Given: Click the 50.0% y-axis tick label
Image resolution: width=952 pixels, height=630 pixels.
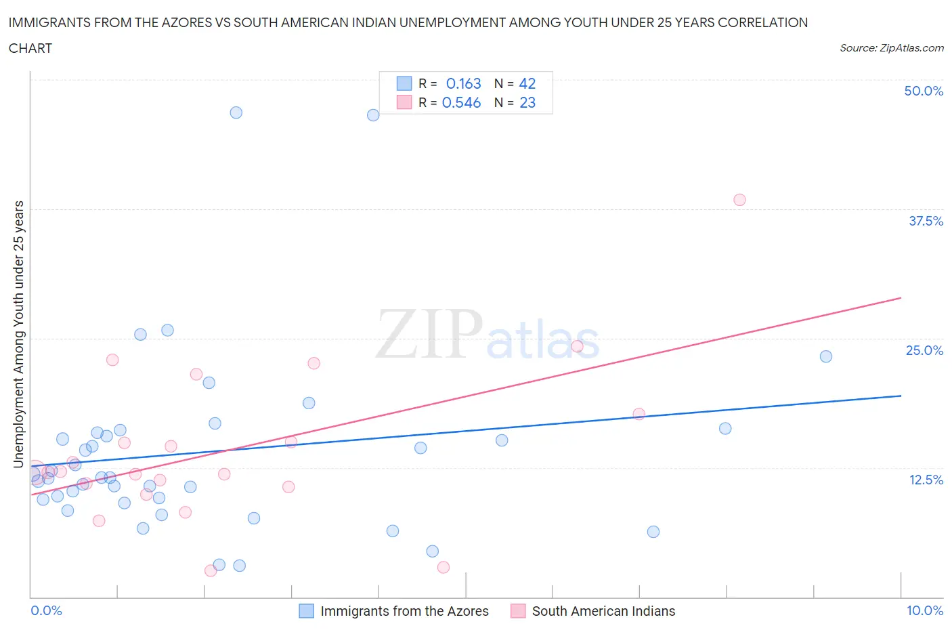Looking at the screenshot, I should (924, 91).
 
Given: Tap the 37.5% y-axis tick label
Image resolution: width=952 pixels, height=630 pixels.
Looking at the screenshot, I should (926, 221).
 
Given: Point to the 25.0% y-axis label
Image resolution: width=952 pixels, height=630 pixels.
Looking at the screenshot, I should (924, 350).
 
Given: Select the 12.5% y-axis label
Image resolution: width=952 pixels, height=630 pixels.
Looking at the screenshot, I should (926, 480).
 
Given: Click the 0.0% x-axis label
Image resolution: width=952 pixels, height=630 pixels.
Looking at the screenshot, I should (46, 610).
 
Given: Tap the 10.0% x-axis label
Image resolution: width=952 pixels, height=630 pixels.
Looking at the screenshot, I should (925, 610).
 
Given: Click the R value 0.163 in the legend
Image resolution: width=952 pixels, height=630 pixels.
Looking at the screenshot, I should (463, 83).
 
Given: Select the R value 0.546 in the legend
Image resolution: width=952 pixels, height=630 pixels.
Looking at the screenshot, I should (461, 102).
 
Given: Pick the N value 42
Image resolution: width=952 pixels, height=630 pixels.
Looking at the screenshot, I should (527, 83).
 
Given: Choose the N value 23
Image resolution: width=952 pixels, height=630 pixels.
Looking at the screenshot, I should (527, 102).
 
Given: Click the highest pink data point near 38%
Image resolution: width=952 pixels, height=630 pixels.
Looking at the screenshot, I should (739, 200).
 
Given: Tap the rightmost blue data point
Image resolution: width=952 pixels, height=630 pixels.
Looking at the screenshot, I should (826, 356).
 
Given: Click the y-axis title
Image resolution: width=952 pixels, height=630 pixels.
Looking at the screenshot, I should (18, 334).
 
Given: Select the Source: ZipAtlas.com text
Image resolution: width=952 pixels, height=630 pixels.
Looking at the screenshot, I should (891, 47).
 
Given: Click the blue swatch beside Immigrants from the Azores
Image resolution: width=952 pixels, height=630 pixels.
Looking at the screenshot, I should (307, 611).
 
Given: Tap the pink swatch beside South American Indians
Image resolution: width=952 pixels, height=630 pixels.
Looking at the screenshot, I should (518, 611).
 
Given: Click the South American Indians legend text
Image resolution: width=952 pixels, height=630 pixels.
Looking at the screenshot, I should (603, 611).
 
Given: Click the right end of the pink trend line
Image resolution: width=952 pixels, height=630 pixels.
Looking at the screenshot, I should (901, 298).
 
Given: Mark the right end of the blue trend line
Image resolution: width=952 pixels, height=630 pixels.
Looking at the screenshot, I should (901, 396).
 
